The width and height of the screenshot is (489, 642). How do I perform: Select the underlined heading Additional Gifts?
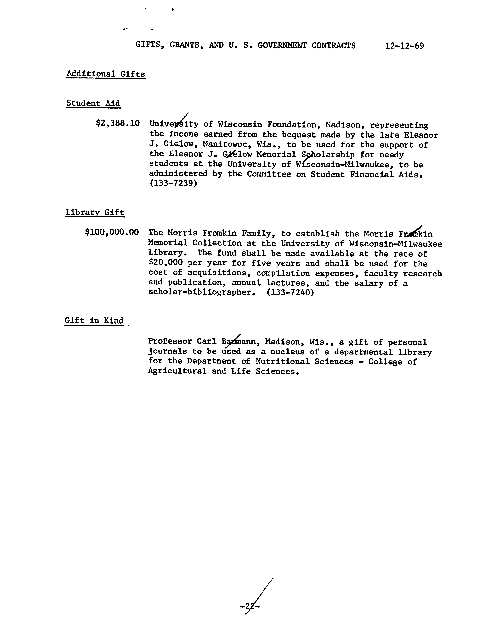click(x=106, y=74)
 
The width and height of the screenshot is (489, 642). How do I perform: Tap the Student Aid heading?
click(x=93, y=103)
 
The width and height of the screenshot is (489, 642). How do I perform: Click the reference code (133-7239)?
click(x=173, y=184)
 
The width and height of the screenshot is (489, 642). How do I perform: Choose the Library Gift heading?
click(x=95, y=212)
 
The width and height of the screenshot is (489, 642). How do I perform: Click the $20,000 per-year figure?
click(x=166, y=263)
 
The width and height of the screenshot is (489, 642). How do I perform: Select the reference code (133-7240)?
click(x=290, y=292)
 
